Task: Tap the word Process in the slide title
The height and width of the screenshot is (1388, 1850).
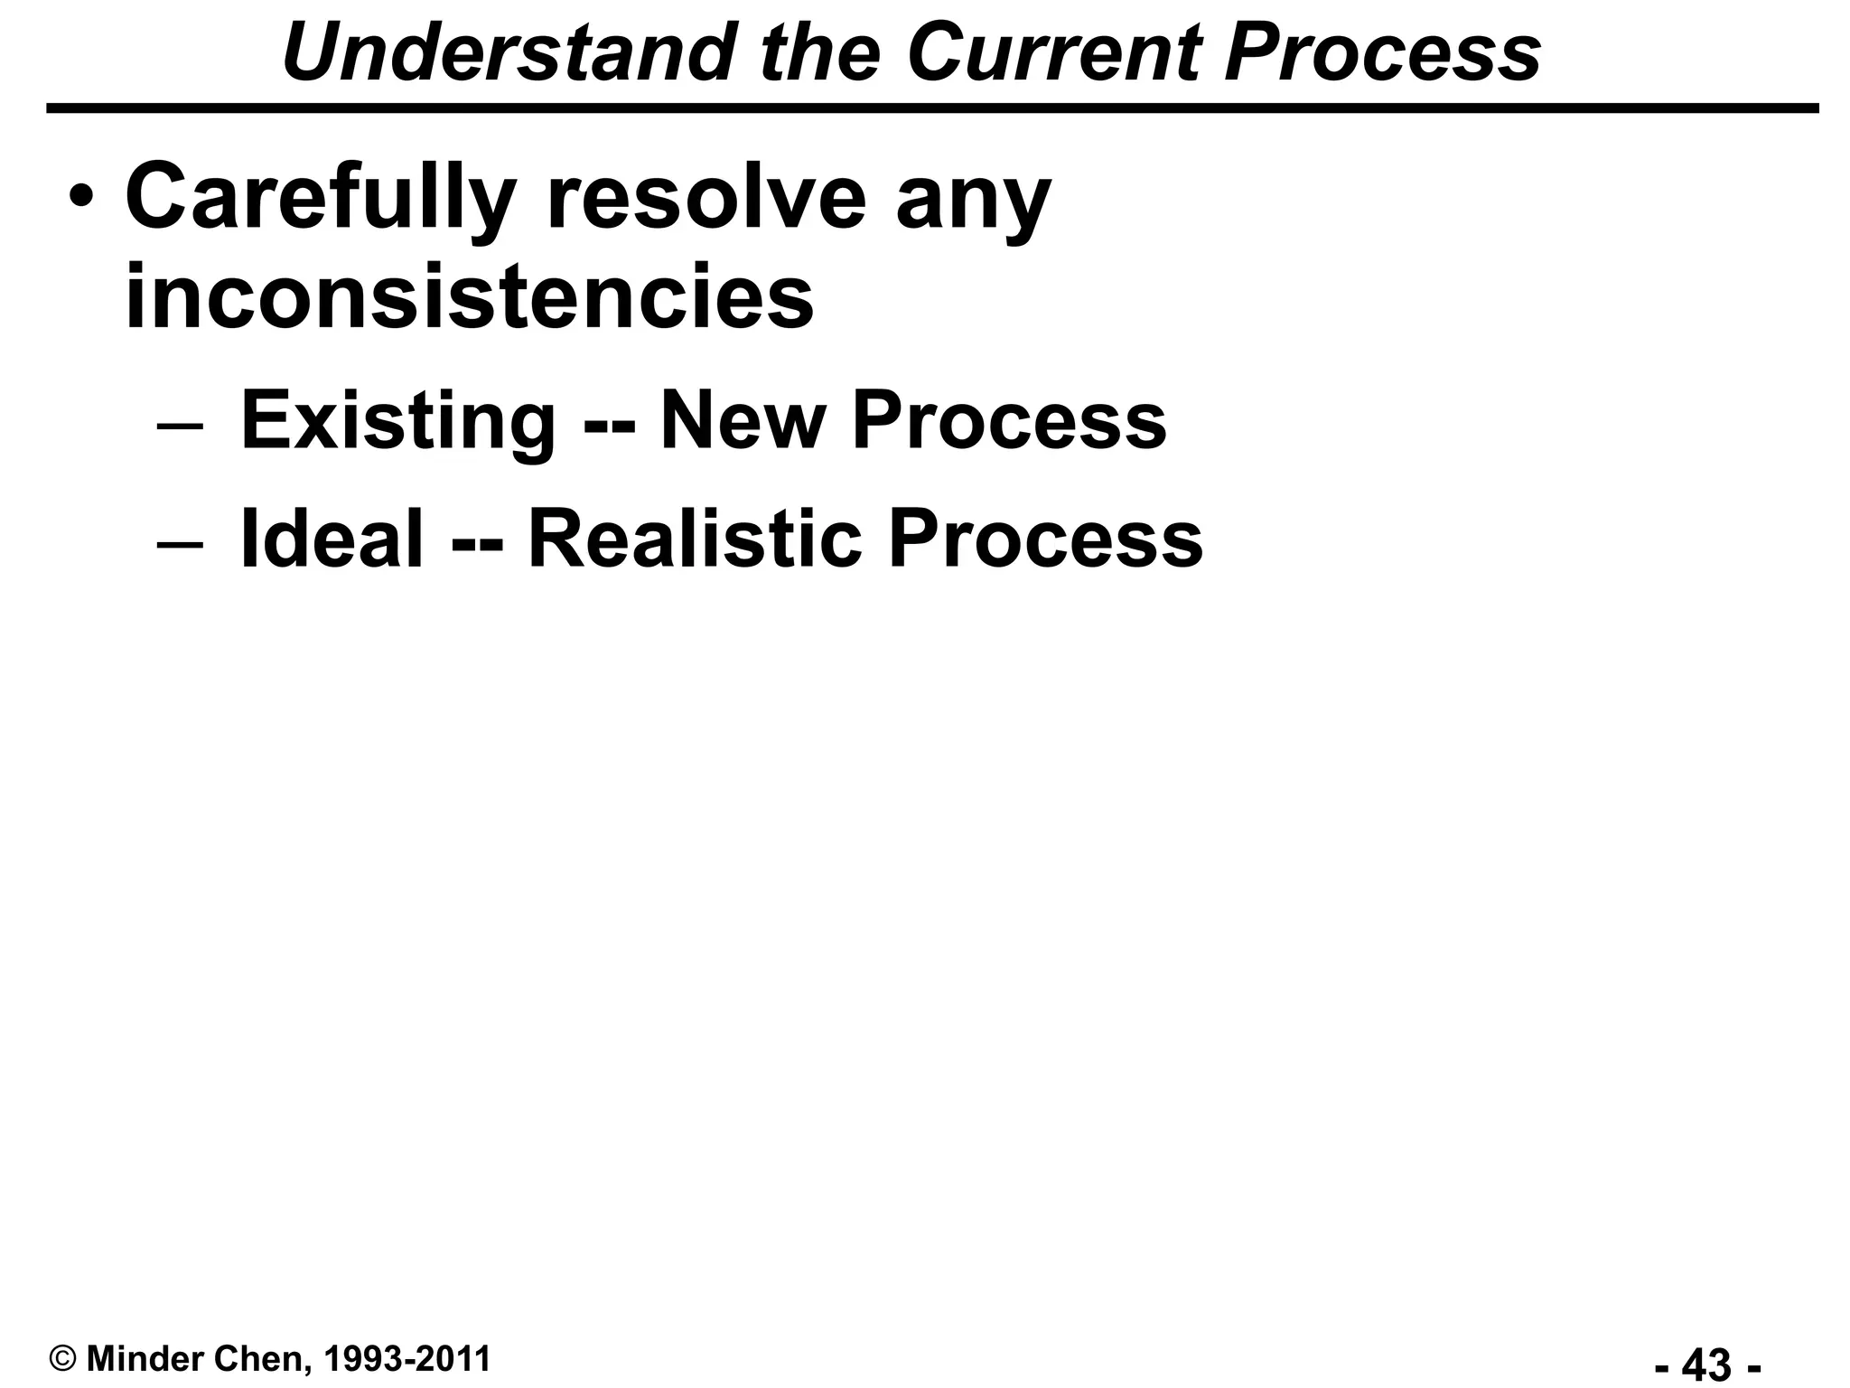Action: (1382, 52)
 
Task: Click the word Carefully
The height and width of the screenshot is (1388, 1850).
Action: (321, 199)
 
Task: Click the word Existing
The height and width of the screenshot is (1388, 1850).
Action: (397, 421)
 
